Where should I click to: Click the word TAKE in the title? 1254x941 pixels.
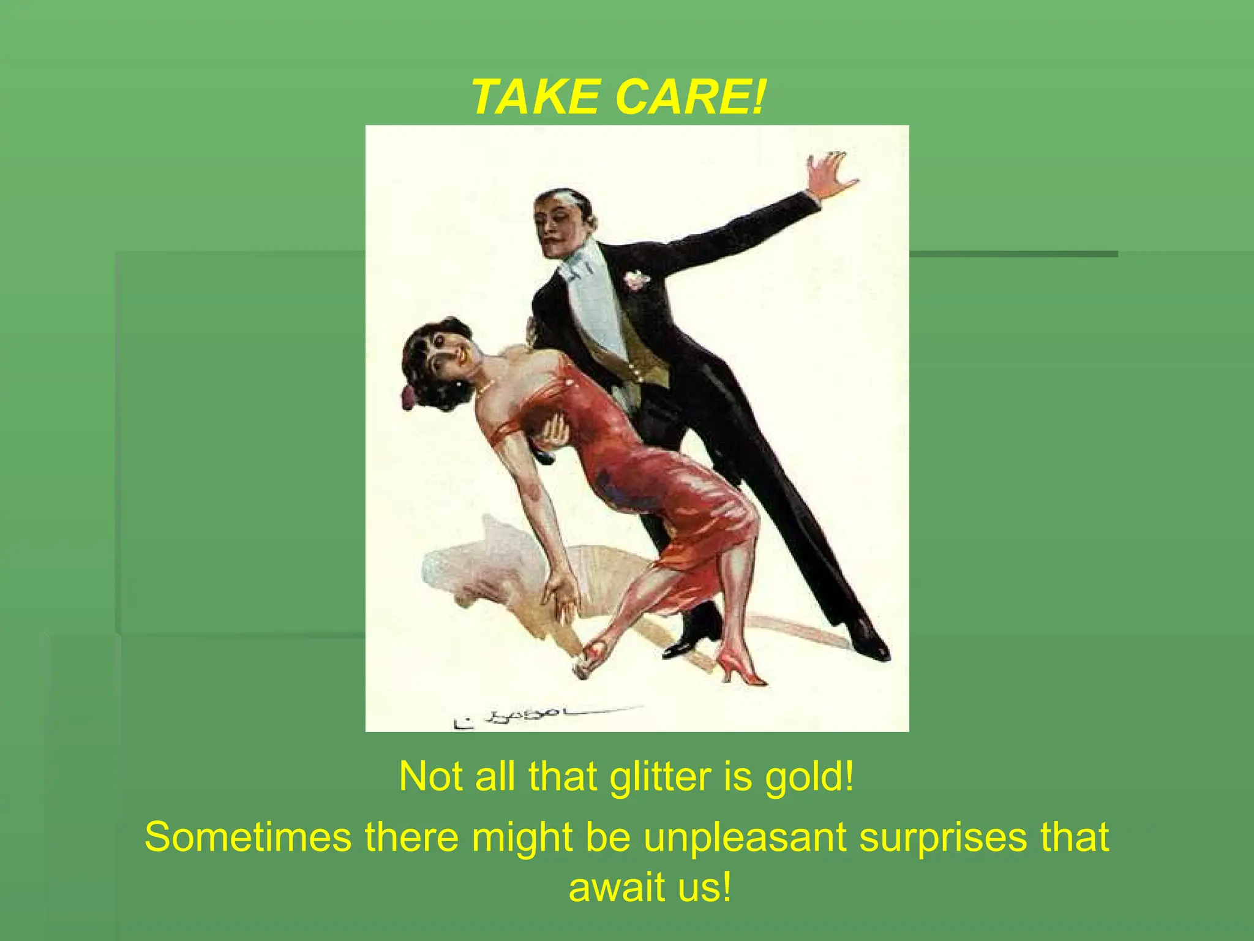(535, 97)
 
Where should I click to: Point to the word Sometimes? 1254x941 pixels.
(248, 837)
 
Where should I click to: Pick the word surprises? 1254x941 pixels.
(937, 838)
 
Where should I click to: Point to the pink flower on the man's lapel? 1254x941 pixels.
(637, 279)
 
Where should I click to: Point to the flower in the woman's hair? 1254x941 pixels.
(408, 397)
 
